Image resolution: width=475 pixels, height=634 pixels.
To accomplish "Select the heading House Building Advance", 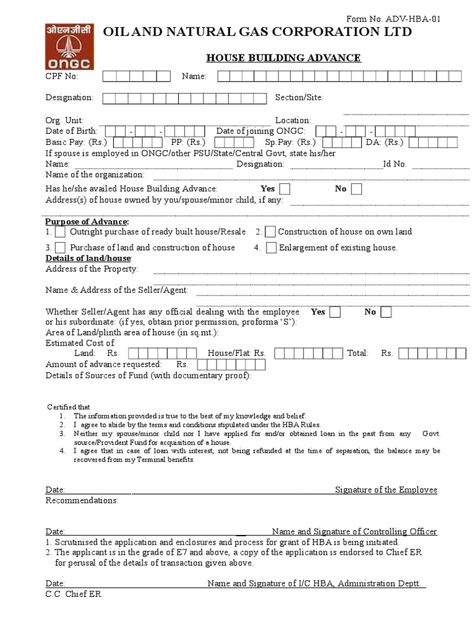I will click(x=283, y=58).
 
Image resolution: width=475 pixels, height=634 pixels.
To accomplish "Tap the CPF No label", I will click(x=62, y=76).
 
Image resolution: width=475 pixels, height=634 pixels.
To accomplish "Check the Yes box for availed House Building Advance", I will click(x=285, y=189).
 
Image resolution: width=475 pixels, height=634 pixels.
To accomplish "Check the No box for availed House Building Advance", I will click(x=357, y=189).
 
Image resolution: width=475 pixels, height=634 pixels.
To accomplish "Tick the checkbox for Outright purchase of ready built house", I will click(x=60, y=232).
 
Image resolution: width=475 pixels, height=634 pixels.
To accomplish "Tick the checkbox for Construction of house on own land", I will click(x=270, y=232).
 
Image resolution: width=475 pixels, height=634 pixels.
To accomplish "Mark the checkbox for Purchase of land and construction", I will click(x=60, y=248).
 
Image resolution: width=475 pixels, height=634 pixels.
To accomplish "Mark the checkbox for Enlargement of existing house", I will click(x=271, y=248).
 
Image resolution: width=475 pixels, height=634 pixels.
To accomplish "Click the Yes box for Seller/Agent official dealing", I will click(x=335, y=312).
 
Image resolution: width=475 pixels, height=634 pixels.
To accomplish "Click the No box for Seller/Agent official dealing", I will click(x=386, y=312).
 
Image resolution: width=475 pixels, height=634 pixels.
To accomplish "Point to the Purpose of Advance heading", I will click(x=87, y=222).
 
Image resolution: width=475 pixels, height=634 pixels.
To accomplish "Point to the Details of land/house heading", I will click(x=88, y=258).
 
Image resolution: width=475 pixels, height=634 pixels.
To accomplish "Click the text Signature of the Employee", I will click(x=386, y=490).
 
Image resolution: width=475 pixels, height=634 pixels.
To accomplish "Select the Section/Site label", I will click(x=299, y=98).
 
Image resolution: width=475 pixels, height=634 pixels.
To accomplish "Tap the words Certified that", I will click(x=69, y=407).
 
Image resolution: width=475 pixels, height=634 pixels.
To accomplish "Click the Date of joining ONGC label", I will click(x=260, y=131).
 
